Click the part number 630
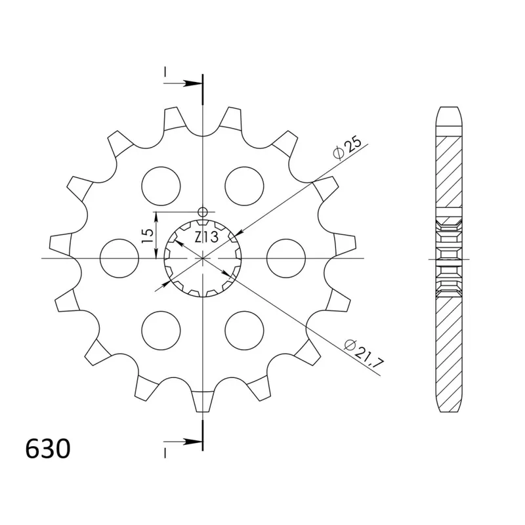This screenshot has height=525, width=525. click(48, 448)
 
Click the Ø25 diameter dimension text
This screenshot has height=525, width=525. click(348, 147)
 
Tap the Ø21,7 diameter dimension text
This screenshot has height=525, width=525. click(364, 354)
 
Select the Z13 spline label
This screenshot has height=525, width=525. click(206, 237)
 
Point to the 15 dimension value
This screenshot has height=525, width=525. click(147, 236)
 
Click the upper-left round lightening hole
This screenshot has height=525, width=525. click(161, 186)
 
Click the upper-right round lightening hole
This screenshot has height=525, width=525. click(244, 186)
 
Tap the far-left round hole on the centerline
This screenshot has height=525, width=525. click(119, 258)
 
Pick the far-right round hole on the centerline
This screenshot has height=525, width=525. click(286, 258)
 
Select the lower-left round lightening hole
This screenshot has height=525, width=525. click(161, 331)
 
